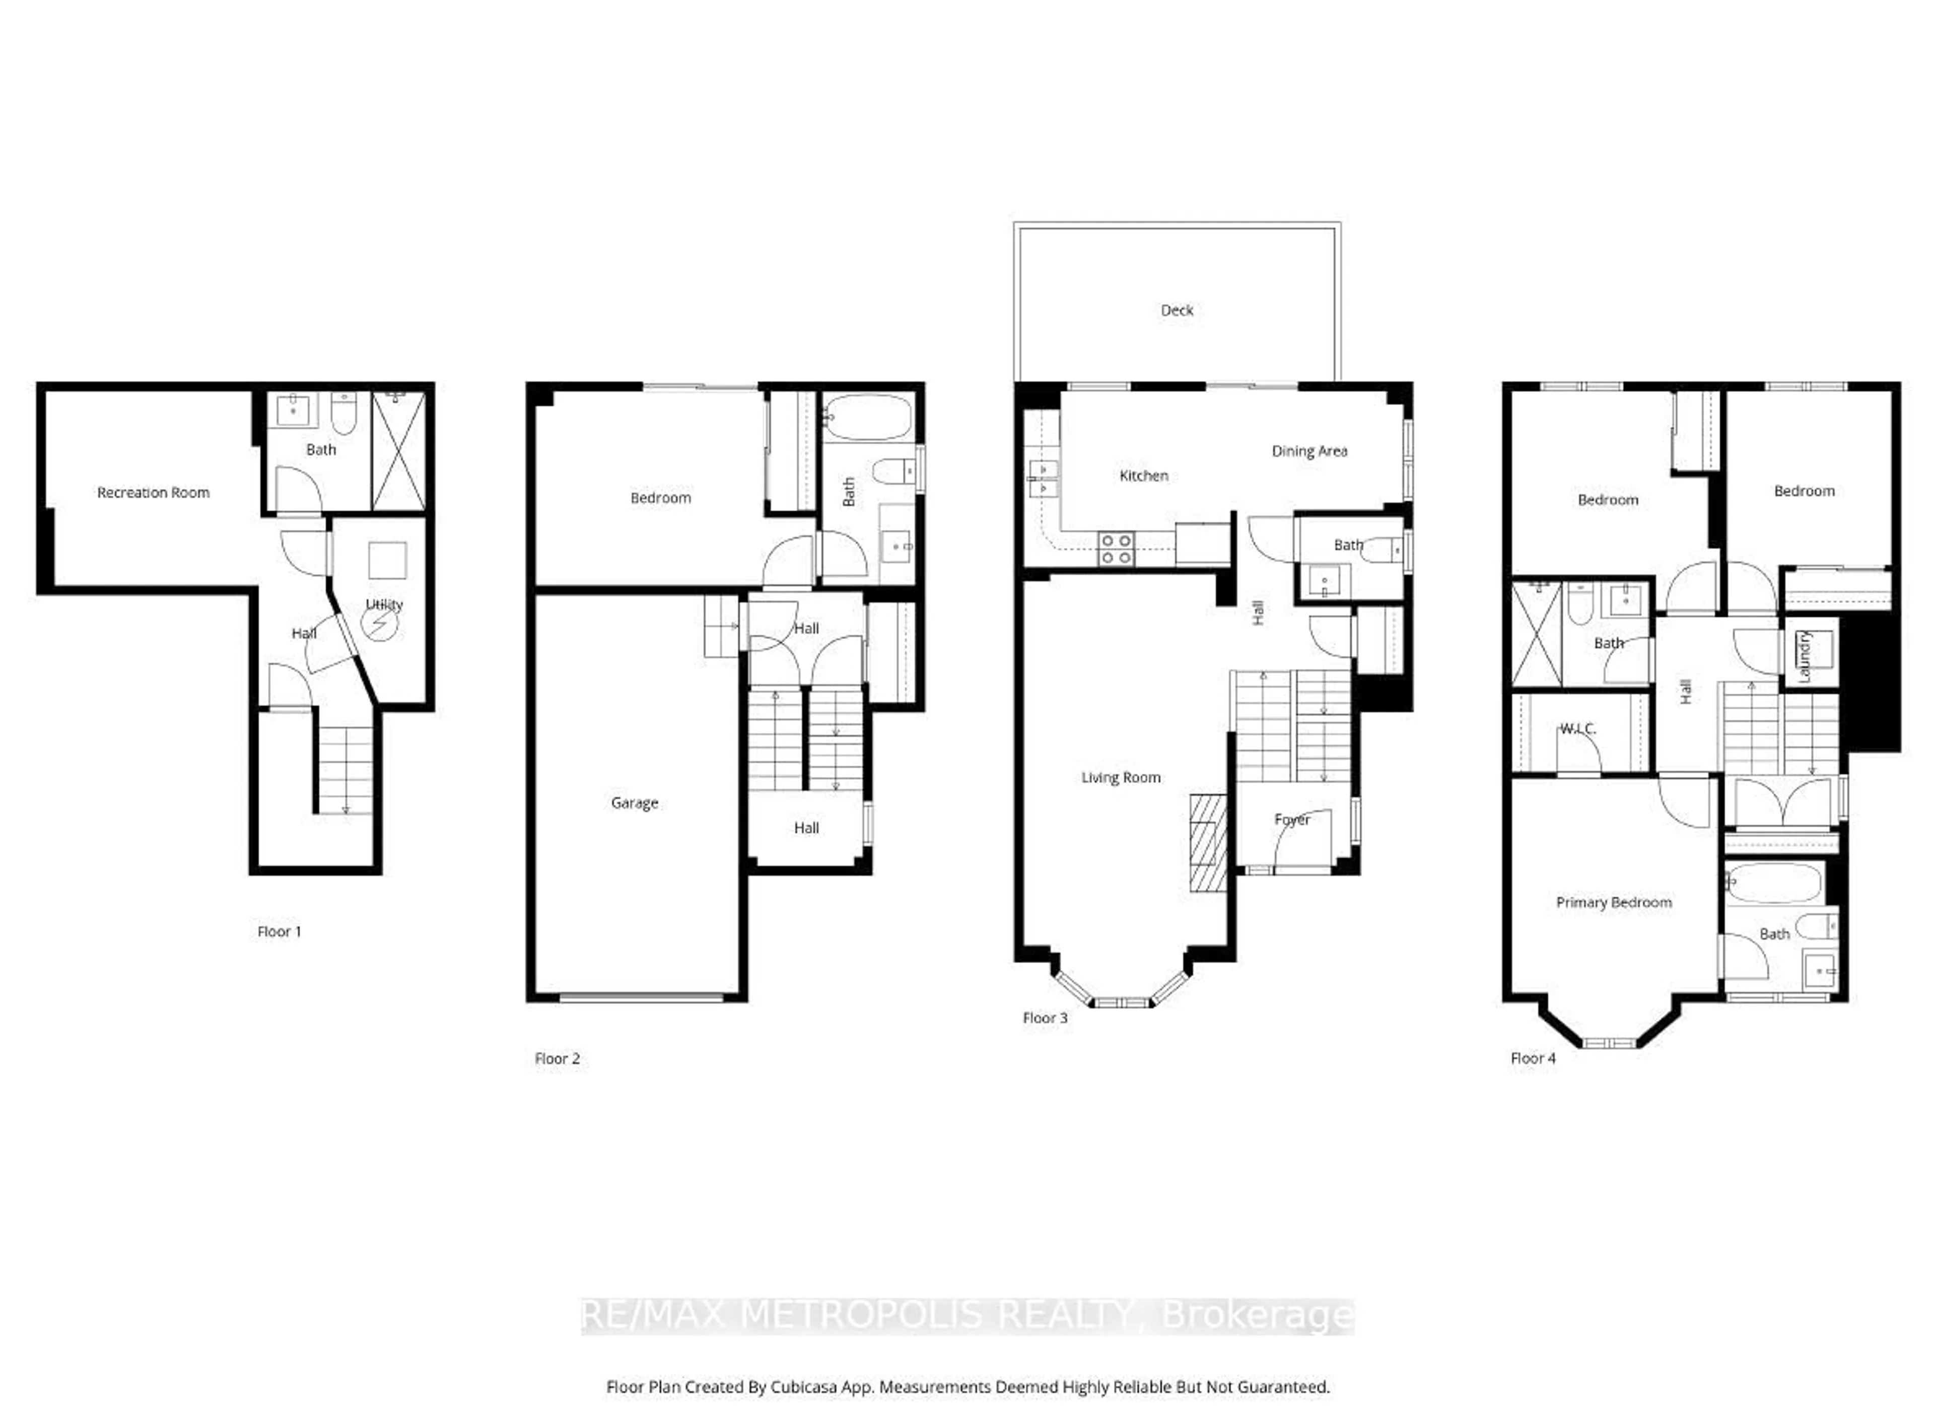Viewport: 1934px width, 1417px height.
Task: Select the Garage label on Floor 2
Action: (x=635, y=803)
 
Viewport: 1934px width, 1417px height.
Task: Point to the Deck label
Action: (x=1177, y=310)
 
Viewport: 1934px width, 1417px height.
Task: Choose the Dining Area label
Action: (x=1309, y=451)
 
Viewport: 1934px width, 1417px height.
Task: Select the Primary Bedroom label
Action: (x=1613, y=902)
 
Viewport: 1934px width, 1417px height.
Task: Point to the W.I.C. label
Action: (x=1577, y=729)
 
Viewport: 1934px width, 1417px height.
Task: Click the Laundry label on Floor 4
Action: (x=1805, y=657)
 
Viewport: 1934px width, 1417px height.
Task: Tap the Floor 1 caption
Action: (x=279, y=931)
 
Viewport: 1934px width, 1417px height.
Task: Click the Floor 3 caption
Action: (x=1045, y=1018)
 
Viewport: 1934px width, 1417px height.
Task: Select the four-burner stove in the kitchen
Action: (x=1116, y=549)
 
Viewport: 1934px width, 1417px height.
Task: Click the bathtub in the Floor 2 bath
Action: (x=868, y=417)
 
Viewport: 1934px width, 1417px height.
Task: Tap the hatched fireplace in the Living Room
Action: (x=1208, y=843)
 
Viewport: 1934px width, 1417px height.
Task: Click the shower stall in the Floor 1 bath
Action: (x=399, y=451)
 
